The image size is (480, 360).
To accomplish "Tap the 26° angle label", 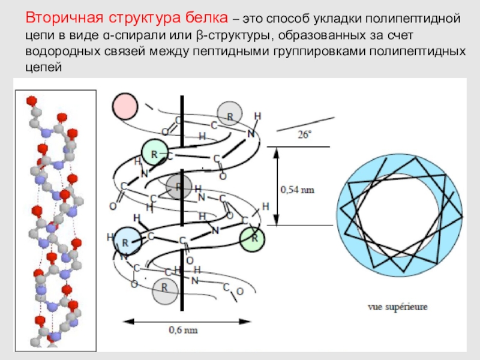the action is [305, 135].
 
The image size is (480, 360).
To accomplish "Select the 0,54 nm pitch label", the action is [298, 189].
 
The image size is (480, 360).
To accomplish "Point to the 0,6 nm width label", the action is [181, 330].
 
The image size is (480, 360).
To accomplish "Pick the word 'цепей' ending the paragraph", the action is [45, 67].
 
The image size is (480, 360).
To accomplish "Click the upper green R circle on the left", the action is [154, 154].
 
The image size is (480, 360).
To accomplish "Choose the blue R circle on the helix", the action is [126, 242].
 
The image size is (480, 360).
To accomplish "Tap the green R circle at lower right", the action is [253, 238].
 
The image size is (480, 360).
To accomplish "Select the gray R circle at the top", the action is [229, 113].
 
